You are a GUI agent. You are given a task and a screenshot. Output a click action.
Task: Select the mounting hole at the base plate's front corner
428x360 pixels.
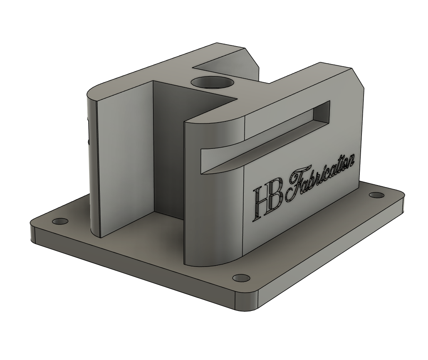pyautogui.click(x=240, y=278)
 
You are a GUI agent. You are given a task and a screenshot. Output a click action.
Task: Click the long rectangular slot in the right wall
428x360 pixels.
pyautogui.click(x=266, y=137)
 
